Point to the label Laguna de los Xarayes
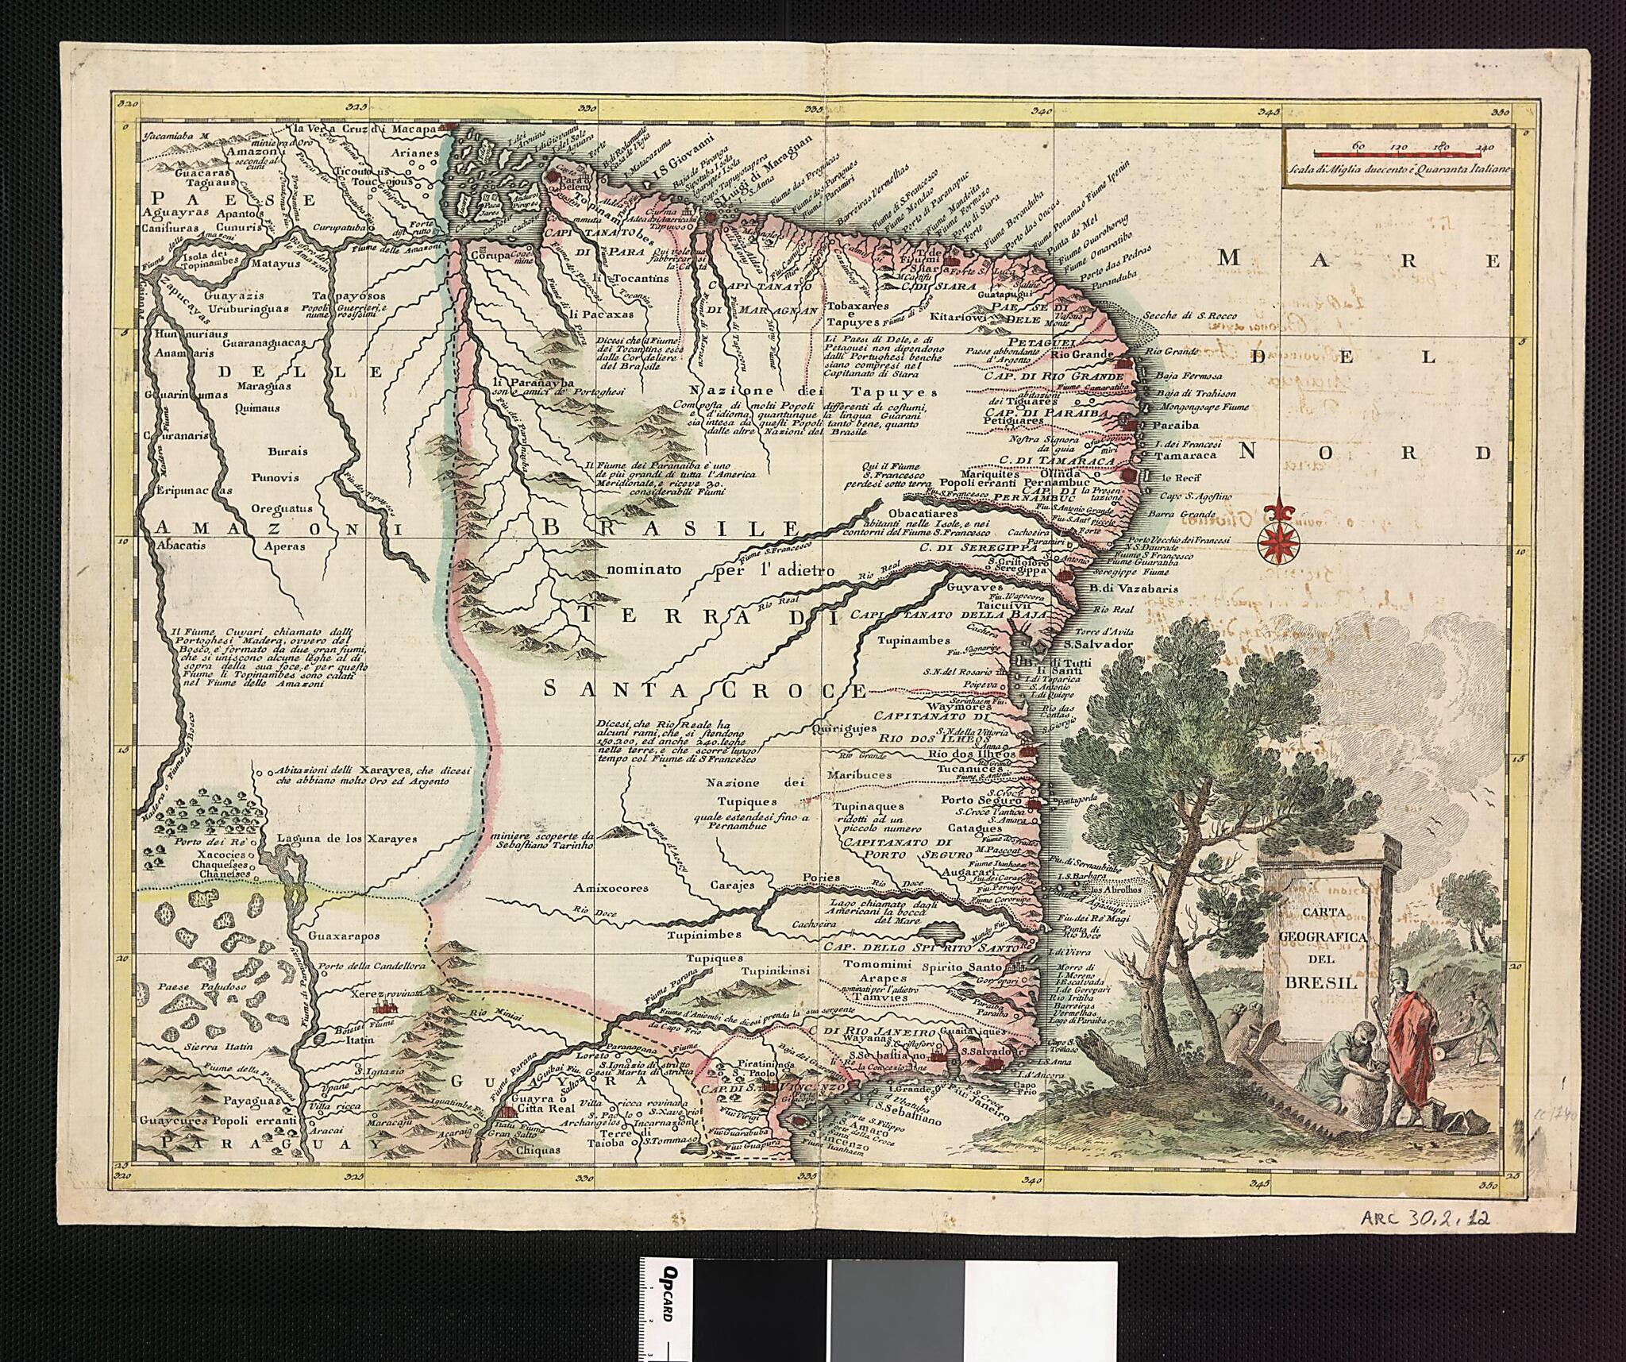(x=346, y=839)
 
